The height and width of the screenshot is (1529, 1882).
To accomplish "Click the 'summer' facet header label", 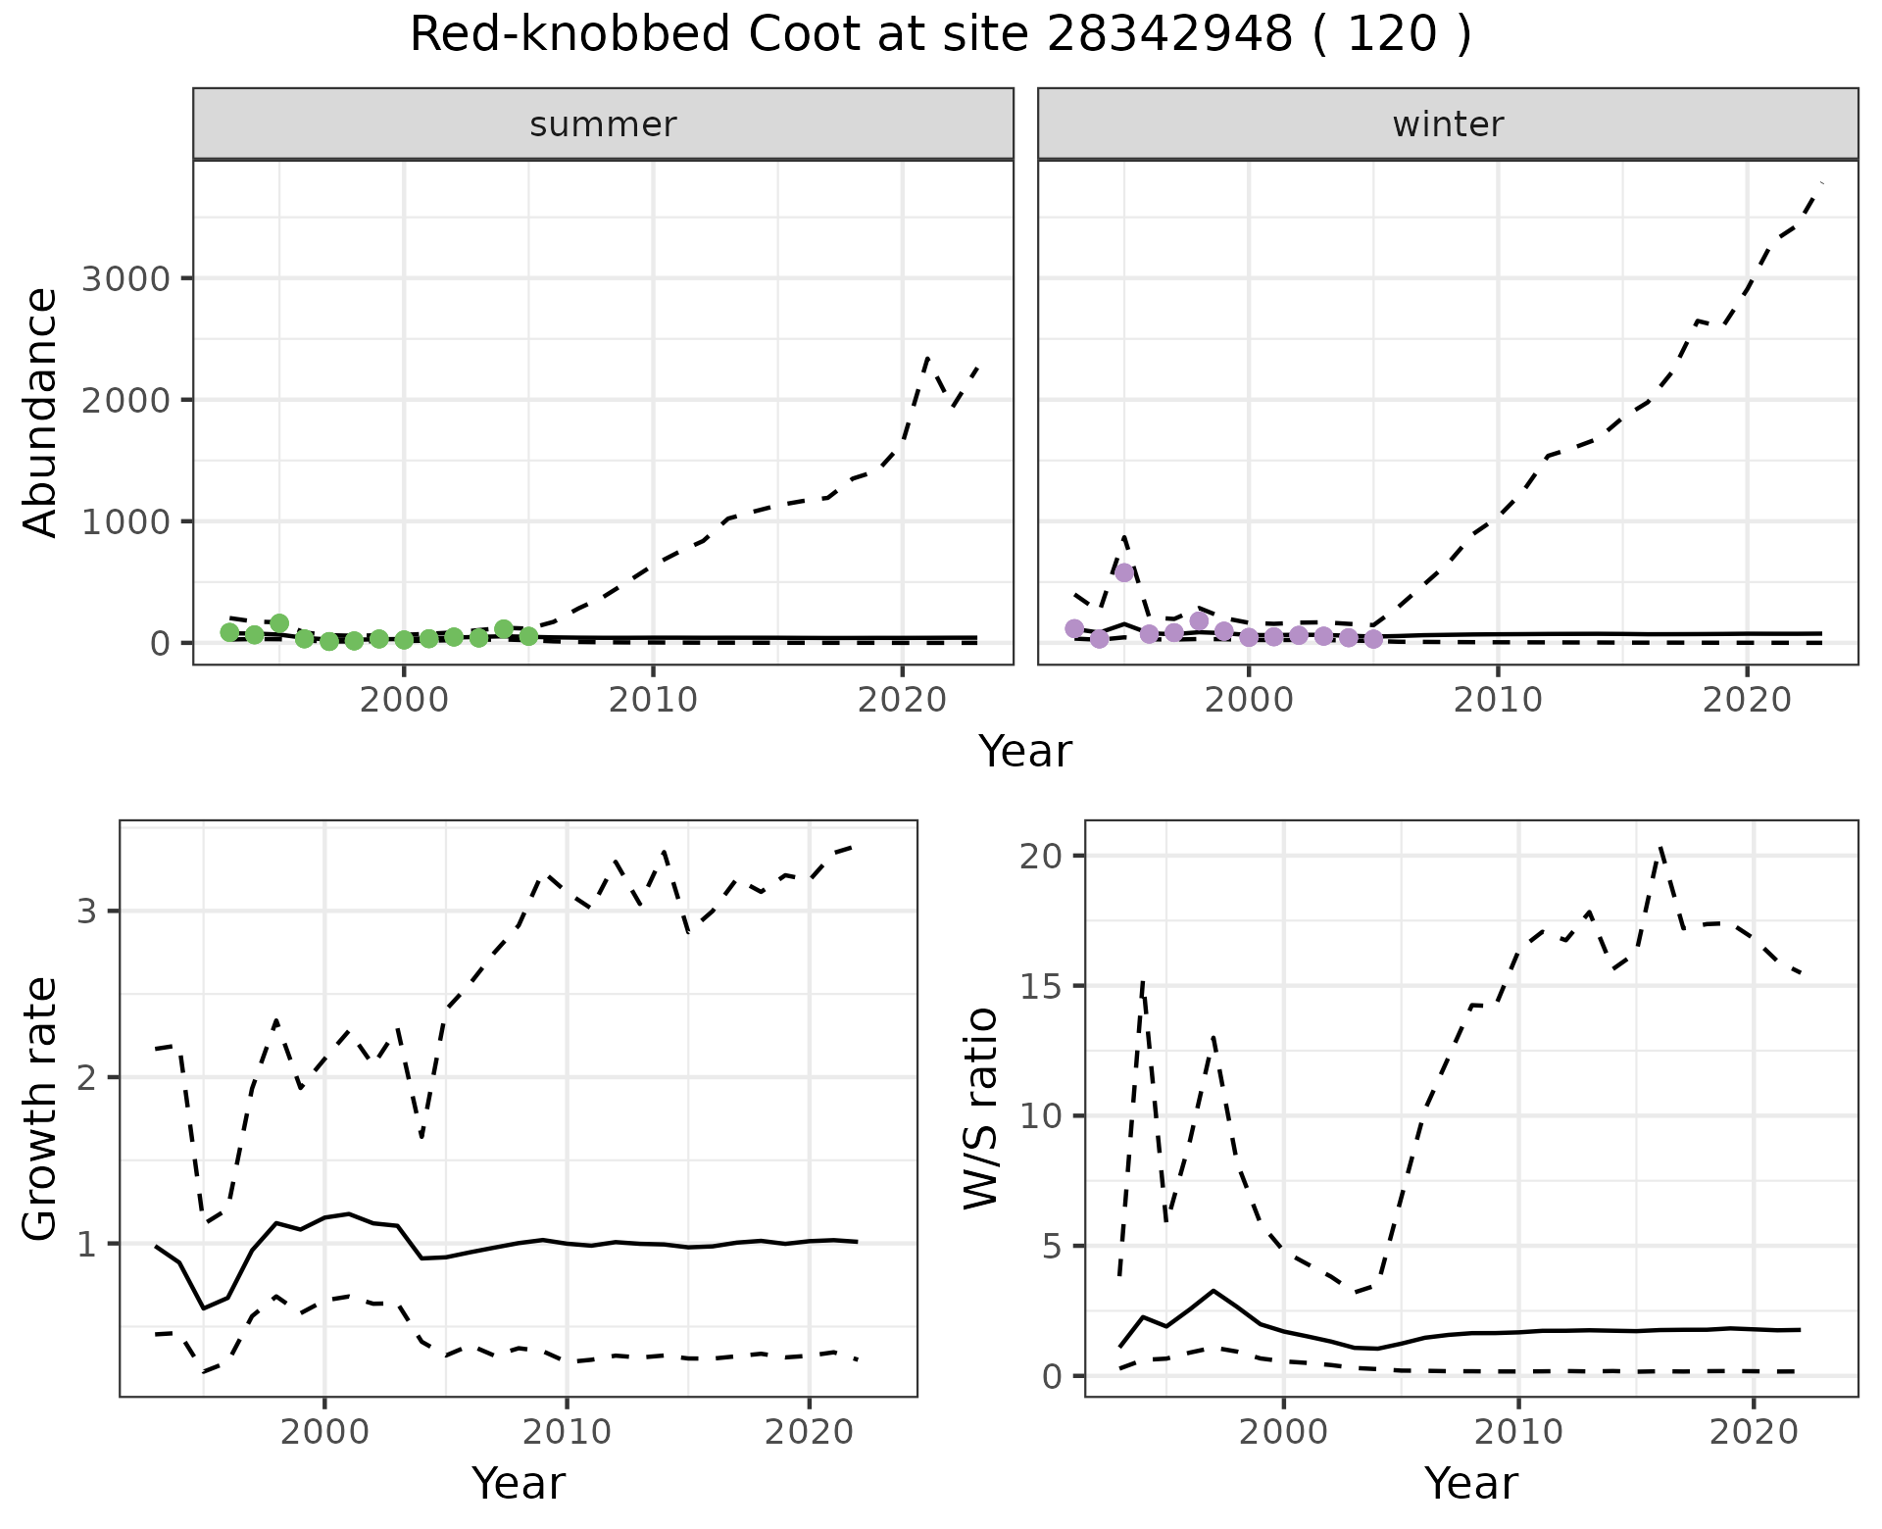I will point(603,124).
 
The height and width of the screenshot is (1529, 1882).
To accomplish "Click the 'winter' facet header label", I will point(1448,124).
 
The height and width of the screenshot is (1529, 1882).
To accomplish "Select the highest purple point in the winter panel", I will point(1124,572).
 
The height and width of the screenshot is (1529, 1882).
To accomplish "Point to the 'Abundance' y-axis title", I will point(41,412).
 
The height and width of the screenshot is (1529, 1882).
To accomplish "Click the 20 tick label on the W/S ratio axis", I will point(1042,856).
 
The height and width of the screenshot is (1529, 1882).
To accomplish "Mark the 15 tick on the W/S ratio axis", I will point(1042,986).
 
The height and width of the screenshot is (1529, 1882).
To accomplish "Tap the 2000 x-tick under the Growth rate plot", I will point(324,1432).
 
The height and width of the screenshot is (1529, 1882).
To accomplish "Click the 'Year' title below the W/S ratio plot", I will point(1471,1483).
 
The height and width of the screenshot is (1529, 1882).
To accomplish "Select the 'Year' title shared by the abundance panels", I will point(1025,752).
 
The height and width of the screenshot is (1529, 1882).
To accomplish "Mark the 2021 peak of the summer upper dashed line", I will point(927,359).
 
